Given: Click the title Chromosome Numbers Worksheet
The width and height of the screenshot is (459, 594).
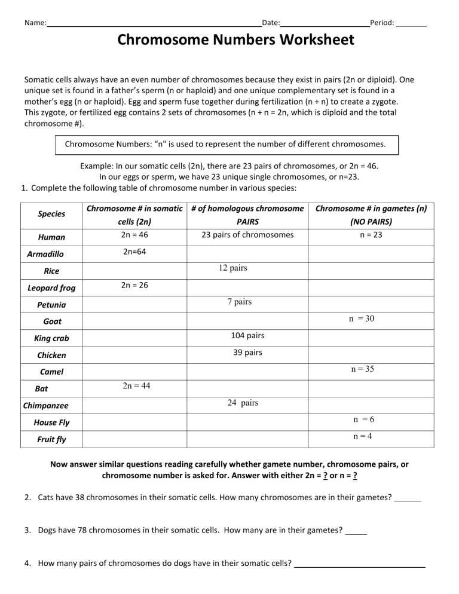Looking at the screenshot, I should (x=235, y=41).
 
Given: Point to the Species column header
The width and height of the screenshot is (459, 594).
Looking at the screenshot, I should (x=52, y=213).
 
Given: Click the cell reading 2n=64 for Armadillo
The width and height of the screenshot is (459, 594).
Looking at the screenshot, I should (x=134, y=252).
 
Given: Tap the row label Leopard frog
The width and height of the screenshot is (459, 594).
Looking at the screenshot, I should (x=52, y=288).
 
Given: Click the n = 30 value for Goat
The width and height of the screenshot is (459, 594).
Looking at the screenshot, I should (x=362, y=319).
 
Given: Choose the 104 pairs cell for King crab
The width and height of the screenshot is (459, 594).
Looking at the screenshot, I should (x=247, y=335).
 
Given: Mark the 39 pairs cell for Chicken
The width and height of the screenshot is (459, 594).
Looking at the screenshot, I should (x=247, y=352).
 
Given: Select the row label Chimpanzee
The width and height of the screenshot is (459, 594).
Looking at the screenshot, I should (x=45, y=406).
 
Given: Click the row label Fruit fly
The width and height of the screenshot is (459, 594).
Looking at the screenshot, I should (x=52, y=439).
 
